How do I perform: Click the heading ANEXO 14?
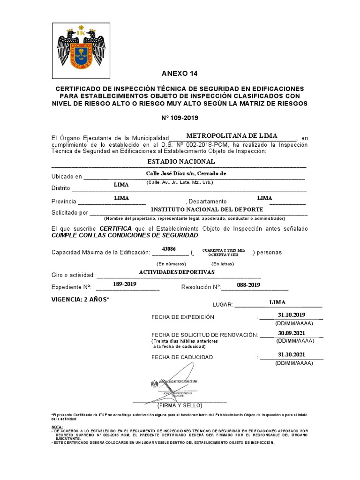(180, 74)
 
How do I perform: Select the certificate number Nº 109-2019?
(180, 118)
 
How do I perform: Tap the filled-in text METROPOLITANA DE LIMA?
(232, 135)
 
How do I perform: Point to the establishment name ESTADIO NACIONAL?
(181, 161)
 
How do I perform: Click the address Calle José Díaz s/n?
(186, 173)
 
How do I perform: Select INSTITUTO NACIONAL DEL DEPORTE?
(203, 209)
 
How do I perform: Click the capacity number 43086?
(169, 248)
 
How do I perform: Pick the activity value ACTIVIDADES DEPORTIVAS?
(177, 272)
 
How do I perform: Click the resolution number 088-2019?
(247, 285)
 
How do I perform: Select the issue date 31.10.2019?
(291, 314)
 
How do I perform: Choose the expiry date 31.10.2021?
(291, 354)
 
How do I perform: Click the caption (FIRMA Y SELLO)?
(180, 405)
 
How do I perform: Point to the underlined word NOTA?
(56, 427)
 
